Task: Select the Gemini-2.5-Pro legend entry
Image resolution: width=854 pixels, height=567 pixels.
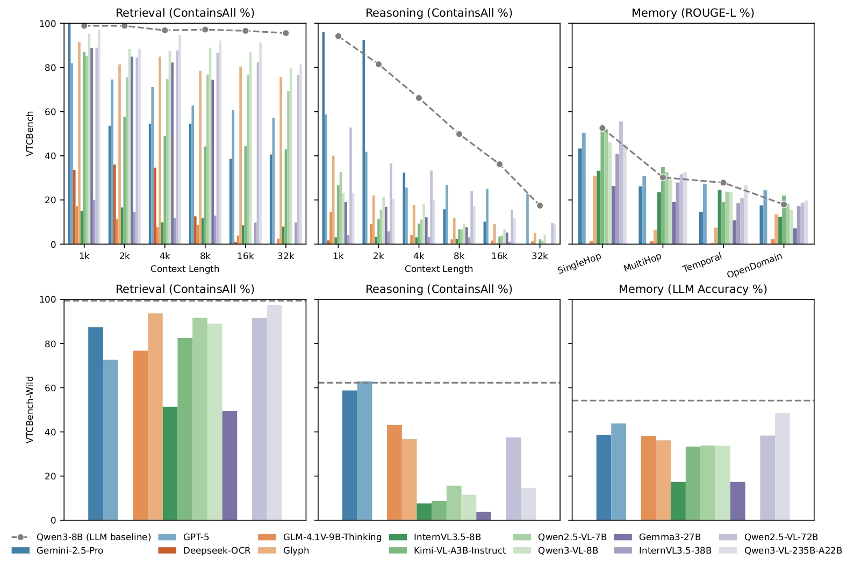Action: click(x=69, y=550)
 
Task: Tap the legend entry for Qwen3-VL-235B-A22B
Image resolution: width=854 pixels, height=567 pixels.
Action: click(x=793, y=550)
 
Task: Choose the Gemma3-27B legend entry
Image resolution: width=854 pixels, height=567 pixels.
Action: click(x=670, y=537)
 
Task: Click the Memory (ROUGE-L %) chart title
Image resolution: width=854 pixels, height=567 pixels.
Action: click(x=692, y=13)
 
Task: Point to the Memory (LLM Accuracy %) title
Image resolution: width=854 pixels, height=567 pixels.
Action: click(x=692, y=289)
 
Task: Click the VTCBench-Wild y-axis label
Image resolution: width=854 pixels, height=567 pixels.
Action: click(x=30, y=410)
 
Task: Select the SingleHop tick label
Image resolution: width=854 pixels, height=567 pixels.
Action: click(x=580, y=263)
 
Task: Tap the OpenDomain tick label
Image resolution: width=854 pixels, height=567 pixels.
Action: click(x=755, y=265)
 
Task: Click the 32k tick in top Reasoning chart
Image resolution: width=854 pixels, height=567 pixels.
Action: click(x=540, y=256)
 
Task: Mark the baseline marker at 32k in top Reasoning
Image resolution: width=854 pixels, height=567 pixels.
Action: click(x=540, y=206)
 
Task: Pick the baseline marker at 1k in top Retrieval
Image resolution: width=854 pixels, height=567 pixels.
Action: click(x=84, y=26)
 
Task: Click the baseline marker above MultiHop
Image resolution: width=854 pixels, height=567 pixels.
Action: click(x=663, y=177)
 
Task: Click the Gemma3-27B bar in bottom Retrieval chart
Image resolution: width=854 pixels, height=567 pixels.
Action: click(x=229, y=465)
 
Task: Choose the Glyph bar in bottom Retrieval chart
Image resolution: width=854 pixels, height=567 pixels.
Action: click(x=155, y=417)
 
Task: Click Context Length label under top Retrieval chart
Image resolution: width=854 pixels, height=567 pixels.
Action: click(x=184, y=269)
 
